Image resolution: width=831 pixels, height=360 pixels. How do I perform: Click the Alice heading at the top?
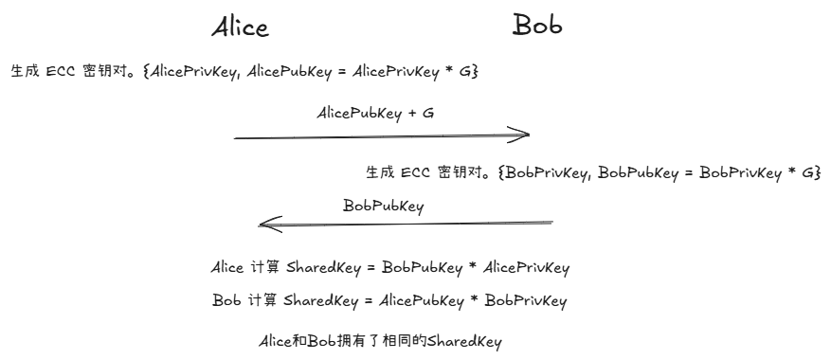pyautogui.click(x=240, y=27)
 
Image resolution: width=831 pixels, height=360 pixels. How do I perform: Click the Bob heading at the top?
pyautogui.click(x=537, y=25)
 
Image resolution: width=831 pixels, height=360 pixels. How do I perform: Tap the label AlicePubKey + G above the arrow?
pyautogui.click(x=375, y=112)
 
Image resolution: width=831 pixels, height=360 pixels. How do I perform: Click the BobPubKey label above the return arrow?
pyautogui.click(x=383, y=205)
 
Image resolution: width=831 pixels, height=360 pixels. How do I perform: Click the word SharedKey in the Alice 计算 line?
pyautogui.click(x=321, y=268)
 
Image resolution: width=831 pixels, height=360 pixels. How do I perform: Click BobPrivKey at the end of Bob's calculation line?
pyautogui.click(x=526, y=301)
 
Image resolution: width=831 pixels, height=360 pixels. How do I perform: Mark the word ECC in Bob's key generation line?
pyautogui.click(x=415, y=172)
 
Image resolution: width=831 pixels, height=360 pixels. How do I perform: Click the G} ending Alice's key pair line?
pyautogui.click(x=467, y=72)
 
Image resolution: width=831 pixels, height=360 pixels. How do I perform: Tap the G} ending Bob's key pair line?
pyautogui.click(x=810, y=172)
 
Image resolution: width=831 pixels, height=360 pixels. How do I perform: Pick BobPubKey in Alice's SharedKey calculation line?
pyautogui.click(x=419, y=268)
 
